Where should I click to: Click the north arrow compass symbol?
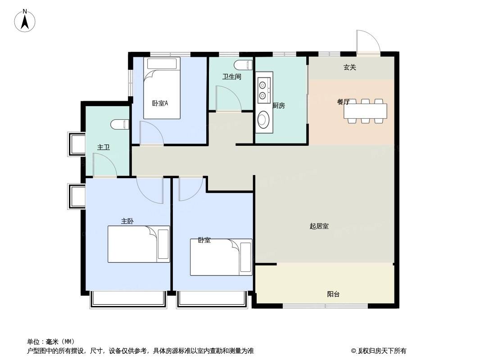pos(25,21)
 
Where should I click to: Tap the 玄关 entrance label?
pos(349,67)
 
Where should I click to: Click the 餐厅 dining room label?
pos(343,102)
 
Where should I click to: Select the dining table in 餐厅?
pos(365,111)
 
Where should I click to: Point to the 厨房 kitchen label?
pos(279,105)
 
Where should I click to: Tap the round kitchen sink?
pos(263,119)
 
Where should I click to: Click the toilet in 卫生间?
pos(243,65)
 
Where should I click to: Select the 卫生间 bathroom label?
pos(232,76)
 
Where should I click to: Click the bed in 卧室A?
pos(162,88)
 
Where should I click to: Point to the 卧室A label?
pos(160,103)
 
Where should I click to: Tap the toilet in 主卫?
pos(120,125)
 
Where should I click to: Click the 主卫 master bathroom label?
pos(104,148)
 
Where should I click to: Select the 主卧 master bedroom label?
pos(127,221)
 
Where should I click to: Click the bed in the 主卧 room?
pos(139,244)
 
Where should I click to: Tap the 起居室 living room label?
pos(319,226)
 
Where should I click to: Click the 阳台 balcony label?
pos(333,294)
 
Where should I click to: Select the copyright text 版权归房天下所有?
pos(382,351)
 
